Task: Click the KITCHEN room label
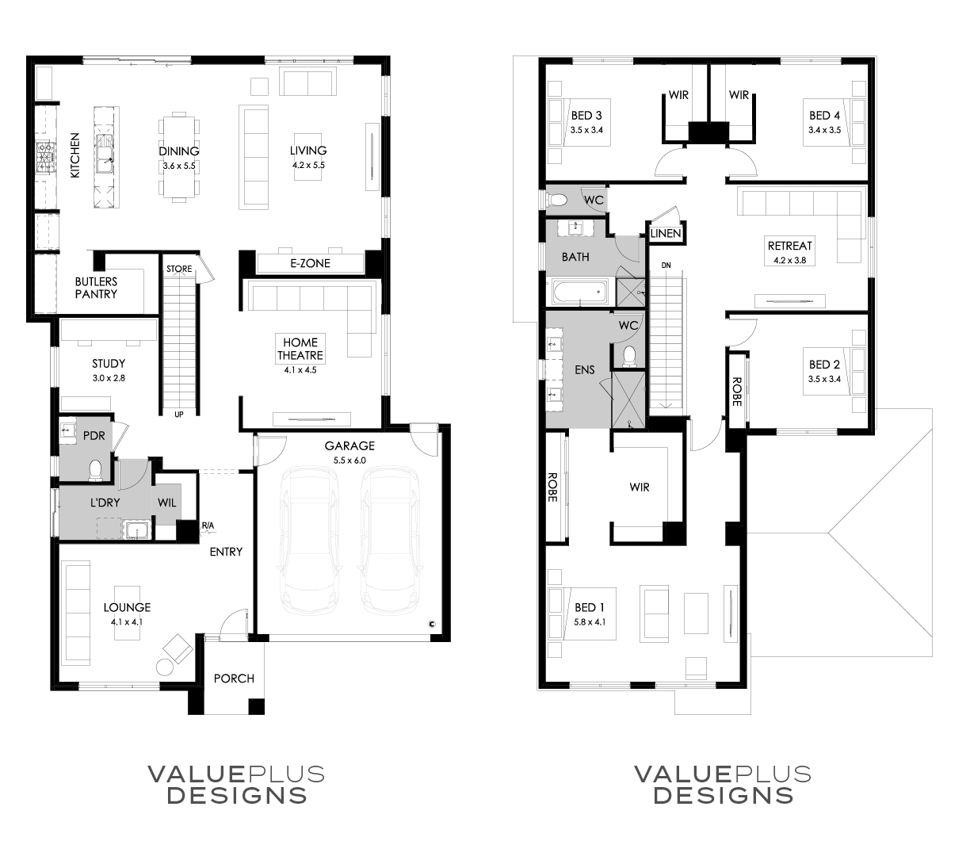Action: click(74, 155)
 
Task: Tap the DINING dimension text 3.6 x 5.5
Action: click(179, 166)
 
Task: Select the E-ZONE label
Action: click(310, 263)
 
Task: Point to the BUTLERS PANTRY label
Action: click(96, 288)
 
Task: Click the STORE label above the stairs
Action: click(179, 269)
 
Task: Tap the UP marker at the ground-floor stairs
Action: click(179, 415)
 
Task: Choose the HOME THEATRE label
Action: click(300, 349)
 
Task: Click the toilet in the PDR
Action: click(96, 470)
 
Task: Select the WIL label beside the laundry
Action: click(167, 503)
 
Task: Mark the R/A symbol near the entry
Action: click(208, 526)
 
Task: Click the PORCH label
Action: click(234, 679)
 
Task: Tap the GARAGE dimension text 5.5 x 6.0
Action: click(349, 461)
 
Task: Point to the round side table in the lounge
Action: click(165, 667)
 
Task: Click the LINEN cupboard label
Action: click(666, 233)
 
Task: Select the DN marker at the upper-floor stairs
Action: click(666, 266)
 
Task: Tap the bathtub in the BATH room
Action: click(580, 292)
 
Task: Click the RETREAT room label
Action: click(790, 246)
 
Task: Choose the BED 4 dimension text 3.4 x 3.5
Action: click(824, 130)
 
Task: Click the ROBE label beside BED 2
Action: click(737, 392)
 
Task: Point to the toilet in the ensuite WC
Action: click(628, 356)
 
